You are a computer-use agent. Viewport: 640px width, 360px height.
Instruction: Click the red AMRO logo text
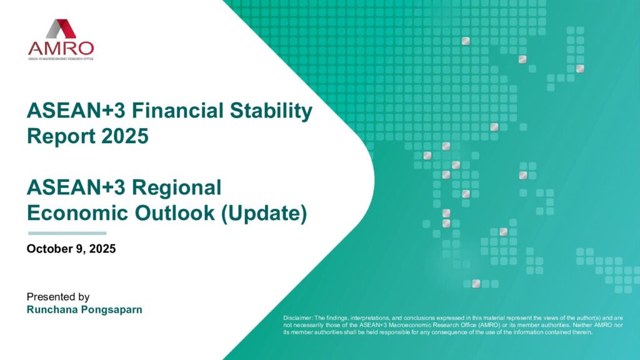click(x=61, y=49)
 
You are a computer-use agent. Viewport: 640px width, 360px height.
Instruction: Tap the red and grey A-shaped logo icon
click(x=61, y=29)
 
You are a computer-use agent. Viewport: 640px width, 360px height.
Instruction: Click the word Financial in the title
click(x=177, y=111)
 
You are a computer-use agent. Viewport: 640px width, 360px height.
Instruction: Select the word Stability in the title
click(x=271, y=111)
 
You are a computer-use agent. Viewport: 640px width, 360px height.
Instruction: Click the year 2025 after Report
click(x=125, y=136)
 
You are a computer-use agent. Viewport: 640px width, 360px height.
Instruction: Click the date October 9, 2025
click(x=71, y=249)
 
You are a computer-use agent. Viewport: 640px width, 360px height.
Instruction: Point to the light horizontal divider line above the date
click(x=67, y=234)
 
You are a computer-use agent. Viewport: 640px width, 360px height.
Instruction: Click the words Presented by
click(x=58, y=297)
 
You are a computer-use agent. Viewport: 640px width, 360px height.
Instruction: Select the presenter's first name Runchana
click(x=52, y=309)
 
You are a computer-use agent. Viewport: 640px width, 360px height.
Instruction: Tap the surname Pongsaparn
click(x=112, y=310)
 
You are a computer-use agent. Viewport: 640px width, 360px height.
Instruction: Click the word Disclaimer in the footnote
click(x=297, y=318)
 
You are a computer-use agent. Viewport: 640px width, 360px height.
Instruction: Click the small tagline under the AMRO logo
click(x=61, y=59)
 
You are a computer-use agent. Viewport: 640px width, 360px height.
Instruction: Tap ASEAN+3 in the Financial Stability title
click(x=76, y=111)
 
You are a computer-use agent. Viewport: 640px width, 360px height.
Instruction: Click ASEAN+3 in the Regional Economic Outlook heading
click(x=76, y=187)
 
